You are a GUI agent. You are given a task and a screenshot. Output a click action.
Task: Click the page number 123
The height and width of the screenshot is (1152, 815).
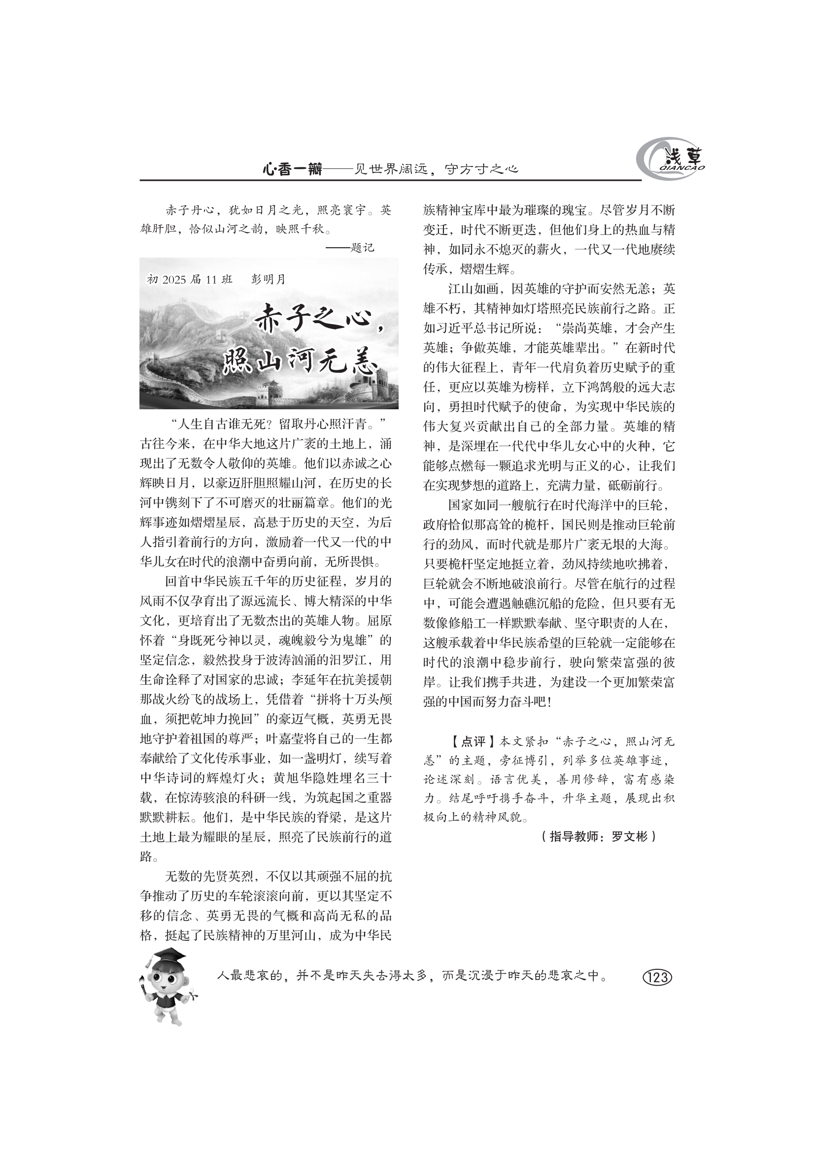pyautogui.click(x=657, y=976)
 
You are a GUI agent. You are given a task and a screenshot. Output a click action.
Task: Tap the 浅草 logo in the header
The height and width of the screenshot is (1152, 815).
pyautogui.click(x=671, y=160)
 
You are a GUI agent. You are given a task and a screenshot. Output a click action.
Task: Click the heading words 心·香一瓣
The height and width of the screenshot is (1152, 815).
pyautogui.click(x=293, y=169)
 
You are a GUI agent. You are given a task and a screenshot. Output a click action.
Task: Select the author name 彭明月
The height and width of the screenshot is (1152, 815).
pyautogui.click(x=268, y=279)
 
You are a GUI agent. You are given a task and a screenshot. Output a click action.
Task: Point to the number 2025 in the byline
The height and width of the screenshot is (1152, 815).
pyautogui.click(x=174, y=280)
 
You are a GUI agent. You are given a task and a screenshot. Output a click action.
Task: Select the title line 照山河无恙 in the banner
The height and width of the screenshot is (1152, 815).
pyautogui.click(x=300, y=360)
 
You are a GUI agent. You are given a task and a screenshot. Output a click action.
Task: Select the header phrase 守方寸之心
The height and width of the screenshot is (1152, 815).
pyautogui.click(x=481, y=169)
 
